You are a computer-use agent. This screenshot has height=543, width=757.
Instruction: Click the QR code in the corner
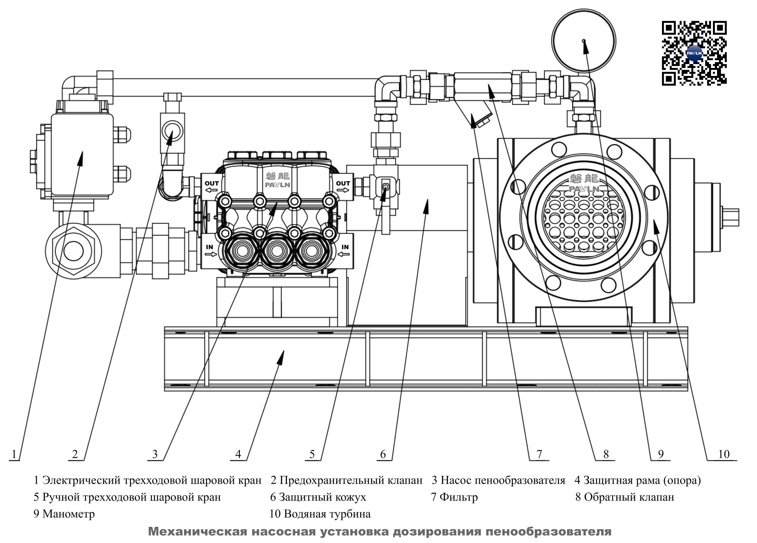point(694,53)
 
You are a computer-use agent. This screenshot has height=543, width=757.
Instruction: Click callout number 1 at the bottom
point(14,454)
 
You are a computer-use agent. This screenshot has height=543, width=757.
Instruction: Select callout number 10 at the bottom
point(724,454)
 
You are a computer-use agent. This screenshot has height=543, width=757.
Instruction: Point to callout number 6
point(383,454)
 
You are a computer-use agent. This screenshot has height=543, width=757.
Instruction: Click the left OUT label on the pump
point(212,184)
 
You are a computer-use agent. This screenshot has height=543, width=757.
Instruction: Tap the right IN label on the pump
point(345,247)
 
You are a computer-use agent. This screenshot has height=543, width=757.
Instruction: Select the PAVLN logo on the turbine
point(584,189)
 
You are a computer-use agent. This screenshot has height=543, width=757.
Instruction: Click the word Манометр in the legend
point(68,514)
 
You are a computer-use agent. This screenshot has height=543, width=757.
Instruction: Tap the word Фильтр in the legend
point(459,497)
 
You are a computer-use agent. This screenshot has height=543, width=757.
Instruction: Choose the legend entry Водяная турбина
point(327,514)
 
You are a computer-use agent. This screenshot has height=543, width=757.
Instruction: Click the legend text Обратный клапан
point(629,497)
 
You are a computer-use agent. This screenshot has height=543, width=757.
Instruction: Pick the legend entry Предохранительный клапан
point(351,480)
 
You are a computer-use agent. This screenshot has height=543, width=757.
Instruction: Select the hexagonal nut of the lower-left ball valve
point(73,251)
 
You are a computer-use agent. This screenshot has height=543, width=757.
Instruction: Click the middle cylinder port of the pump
point(277,251)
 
